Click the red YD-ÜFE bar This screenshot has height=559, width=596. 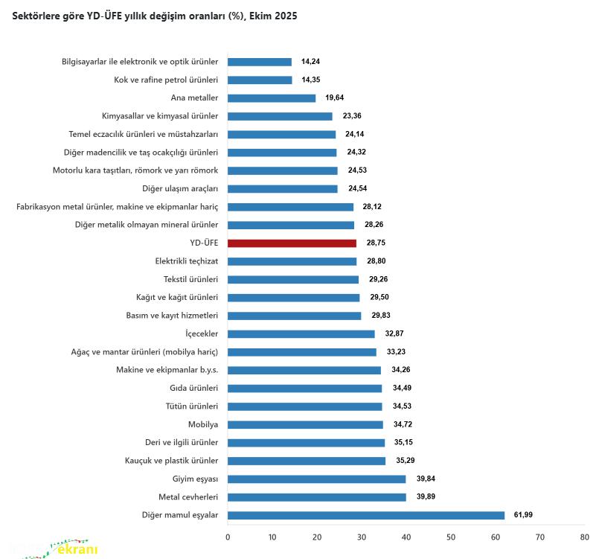(x=292, y=243)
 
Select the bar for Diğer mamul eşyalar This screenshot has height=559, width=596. (x=365, y=515)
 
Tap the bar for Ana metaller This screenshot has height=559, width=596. (x=272, y=98)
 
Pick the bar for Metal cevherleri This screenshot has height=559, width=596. (x=316, y=497)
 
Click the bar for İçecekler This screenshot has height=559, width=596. (x=301, y=334)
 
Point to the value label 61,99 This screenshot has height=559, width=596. (x=524, y=515)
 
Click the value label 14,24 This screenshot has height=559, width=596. (x=311, y=62)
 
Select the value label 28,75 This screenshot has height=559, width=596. (x=376, y=243)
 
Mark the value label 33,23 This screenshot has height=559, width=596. (x=396, y=352)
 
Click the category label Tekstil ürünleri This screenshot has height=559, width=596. (x=187, y=280)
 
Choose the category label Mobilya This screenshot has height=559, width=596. (x=202, y=425)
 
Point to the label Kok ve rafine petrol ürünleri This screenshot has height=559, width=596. (x=166, y=80)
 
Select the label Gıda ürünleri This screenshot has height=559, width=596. (x=193, y=389)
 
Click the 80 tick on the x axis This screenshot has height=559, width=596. (x=585, y=536)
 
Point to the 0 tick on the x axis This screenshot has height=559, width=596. (x=228, y=536)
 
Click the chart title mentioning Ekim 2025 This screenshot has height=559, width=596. (x=155, y=16)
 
